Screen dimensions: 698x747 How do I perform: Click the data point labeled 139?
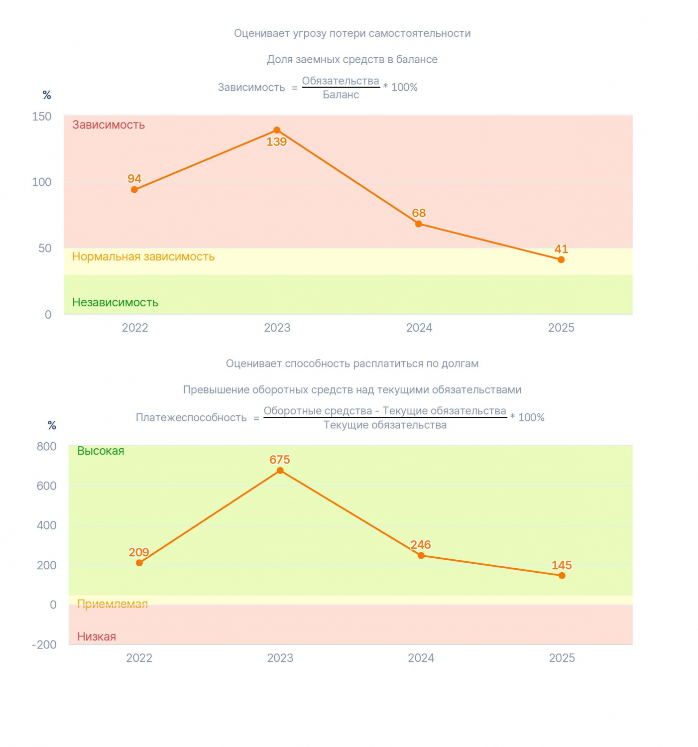[276, 130]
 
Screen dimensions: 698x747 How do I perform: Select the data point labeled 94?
[134, 190]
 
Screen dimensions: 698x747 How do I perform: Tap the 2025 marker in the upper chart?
[561, 259]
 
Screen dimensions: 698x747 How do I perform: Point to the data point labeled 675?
[280, 471]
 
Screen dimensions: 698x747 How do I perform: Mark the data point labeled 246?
[421, 556]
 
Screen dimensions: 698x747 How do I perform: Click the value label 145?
[561, 565]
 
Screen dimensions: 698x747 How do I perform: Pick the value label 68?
[419, 213]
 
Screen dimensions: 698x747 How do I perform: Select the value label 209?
[139, 552]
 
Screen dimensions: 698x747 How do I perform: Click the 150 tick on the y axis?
[42, 117]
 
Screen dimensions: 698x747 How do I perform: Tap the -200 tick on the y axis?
[44, 645]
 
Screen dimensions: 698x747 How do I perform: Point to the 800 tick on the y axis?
[47, 447]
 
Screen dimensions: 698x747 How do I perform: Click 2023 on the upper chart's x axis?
[277, 328]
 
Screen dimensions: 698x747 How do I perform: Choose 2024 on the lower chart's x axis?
[421, 658]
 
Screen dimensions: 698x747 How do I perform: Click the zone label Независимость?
[115, 302]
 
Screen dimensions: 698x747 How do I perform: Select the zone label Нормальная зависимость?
[143, 256]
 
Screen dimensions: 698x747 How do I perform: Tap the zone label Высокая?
[101, 451]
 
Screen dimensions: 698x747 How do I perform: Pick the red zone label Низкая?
[97, 636]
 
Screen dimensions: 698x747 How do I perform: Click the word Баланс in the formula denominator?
[341, 95]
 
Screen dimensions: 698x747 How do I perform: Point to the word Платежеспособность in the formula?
[191, 417]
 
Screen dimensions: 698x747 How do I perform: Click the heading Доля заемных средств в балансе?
[352, 59]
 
